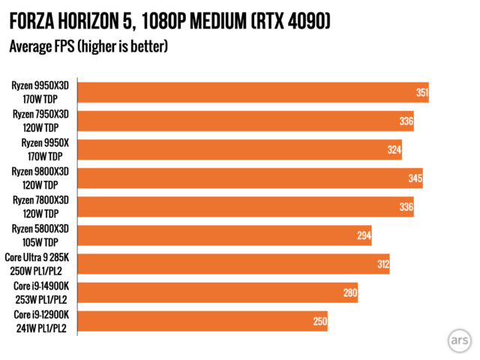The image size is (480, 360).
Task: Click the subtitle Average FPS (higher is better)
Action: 88,46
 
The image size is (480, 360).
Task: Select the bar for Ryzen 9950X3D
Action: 253,92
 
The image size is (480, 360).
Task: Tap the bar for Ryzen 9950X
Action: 239,149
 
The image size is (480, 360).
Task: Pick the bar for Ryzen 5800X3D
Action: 224,235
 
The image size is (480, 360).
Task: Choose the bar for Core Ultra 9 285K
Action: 233,264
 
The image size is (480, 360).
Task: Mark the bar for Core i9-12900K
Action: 202,321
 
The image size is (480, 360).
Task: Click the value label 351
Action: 421,93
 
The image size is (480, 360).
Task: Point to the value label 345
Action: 415,178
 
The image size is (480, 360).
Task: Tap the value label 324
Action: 394,150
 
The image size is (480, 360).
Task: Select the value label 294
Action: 364,235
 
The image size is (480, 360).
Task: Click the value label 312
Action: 382,264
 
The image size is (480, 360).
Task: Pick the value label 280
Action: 350,292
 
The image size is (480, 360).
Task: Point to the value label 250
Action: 320,321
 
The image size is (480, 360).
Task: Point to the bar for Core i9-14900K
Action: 217,292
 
